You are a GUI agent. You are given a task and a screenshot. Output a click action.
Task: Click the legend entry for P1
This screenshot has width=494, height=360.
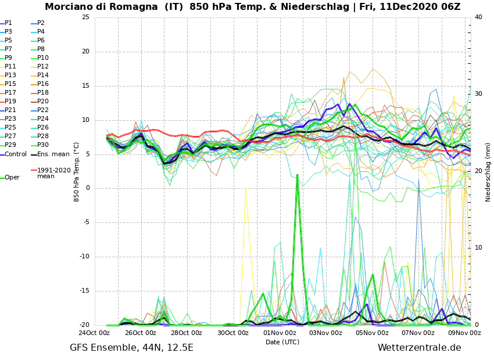8,23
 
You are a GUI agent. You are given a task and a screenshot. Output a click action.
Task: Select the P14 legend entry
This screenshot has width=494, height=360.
44,75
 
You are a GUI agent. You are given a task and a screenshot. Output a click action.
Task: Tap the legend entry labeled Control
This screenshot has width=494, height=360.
16,154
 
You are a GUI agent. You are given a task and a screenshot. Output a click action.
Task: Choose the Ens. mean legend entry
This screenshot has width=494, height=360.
53,154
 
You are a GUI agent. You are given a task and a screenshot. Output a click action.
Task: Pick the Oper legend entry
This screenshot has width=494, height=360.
12,178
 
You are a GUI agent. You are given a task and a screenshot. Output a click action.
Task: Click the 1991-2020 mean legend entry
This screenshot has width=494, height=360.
53,173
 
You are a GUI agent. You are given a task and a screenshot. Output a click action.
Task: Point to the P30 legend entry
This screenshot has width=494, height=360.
42,145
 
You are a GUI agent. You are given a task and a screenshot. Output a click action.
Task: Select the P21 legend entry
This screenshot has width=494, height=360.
10,110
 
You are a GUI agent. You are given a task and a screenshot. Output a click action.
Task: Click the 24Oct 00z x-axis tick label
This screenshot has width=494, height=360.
94,333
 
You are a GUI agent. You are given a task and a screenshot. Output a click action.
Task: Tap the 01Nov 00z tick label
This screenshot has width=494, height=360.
280,333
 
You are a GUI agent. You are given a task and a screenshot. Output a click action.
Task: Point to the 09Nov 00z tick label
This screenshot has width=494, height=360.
464,333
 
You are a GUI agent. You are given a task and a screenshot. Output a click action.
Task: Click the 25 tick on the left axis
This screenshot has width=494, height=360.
85,17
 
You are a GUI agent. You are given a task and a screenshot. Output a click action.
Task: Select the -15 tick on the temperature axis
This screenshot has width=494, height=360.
84,291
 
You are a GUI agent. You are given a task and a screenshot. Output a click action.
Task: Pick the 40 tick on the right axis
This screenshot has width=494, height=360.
478,17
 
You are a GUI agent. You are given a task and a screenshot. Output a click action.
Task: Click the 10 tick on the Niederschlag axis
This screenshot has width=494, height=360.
478,248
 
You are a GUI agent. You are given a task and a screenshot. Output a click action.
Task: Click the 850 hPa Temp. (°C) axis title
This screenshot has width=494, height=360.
77,172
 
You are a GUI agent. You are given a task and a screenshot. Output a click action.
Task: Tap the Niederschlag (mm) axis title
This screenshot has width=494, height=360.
488,172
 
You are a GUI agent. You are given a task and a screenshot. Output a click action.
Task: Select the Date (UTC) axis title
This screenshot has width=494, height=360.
282,342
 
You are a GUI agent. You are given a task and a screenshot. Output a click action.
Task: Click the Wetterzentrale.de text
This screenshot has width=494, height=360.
419,348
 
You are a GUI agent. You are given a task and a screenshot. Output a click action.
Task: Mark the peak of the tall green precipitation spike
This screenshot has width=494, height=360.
297,174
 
